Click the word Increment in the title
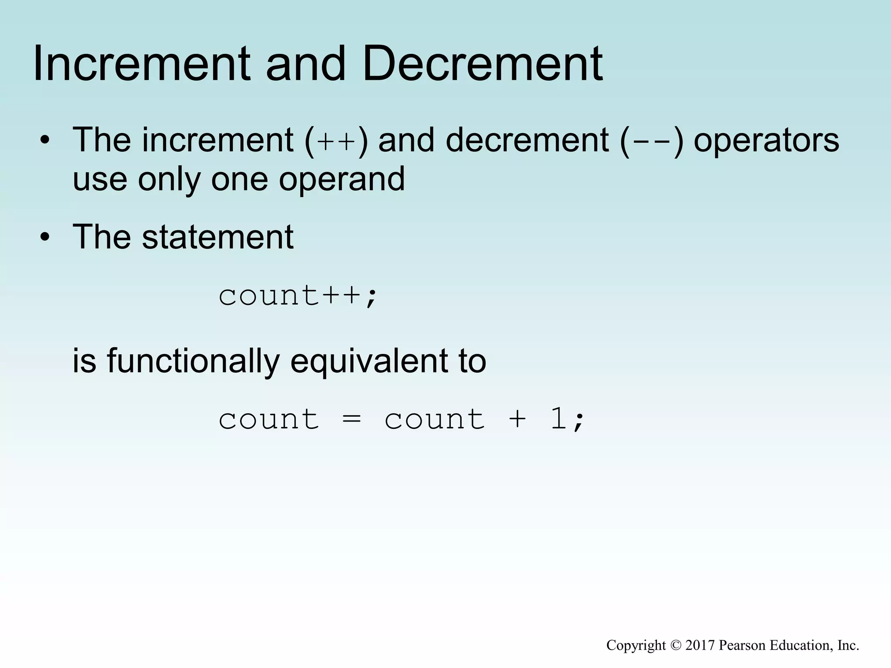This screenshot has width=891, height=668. coord(142,64)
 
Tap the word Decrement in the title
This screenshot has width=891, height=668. coord(482,64)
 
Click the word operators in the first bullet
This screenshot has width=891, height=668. coord(766,141)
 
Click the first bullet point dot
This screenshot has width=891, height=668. coord(44,141)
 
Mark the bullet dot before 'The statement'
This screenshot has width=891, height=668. coord(44,237)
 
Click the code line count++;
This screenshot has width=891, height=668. coord(298,296)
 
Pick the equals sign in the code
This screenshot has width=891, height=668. coord(352,420)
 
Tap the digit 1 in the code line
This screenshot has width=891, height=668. coord(559,419)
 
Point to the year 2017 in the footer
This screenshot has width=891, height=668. coord(700,645)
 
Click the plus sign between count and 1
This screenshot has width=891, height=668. coord(517,420)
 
